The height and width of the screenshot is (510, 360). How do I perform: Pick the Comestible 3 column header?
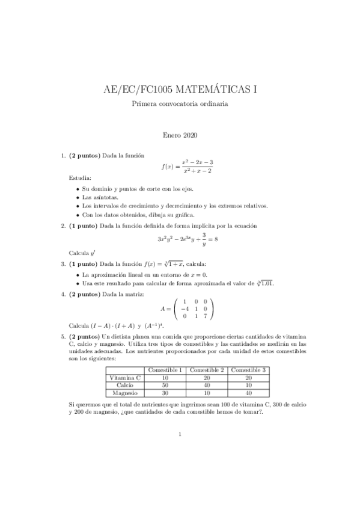click(248, 369)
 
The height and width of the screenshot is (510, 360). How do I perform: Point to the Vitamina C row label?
click(124, 378)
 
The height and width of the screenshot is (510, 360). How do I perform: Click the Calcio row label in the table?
click(124, 386)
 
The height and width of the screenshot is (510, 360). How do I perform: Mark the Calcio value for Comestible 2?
click(206, 386)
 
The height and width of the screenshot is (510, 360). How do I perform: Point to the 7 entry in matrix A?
click(204, 315)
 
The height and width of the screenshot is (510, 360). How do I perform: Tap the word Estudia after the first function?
click(80, 178)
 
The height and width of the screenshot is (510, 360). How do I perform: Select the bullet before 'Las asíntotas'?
click(78, 197)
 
